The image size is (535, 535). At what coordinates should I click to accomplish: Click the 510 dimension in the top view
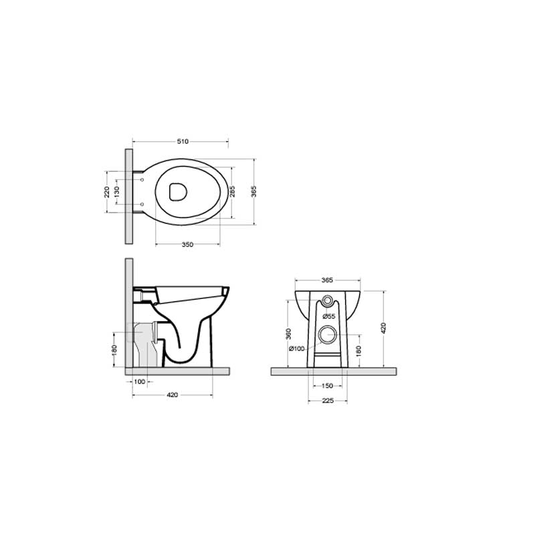click(x=183, y=142)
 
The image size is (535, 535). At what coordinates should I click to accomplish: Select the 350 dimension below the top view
click(x=187, y=245)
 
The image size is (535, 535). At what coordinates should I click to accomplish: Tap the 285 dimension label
click(x=232, y=192)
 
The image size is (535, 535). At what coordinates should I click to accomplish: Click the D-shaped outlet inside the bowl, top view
click(x=178, y=191)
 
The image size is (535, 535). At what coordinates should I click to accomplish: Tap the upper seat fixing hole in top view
click(x=143, y=179)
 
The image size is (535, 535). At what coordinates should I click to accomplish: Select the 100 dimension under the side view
click(x=140, y=381)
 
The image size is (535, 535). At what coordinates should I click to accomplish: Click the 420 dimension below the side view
click(x=172, y=395)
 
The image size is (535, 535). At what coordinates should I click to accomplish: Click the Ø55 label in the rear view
click(x=328, y=316)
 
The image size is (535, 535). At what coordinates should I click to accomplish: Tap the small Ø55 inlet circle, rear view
click(x=328, y=299)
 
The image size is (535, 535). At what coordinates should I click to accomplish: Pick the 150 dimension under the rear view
click(x=328, y=387)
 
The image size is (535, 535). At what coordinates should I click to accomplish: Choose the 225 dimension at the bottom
click(x=328, y=401)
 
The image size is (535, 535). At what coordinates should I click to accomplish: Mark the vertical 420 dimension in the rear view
click(x=383, y=328)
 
